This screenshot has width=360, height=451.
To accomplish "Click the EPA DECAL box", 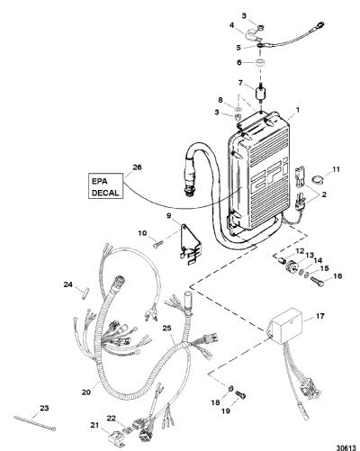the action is click(106, 185).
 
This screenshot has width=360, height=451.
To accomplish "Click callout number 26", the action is click(137, 167).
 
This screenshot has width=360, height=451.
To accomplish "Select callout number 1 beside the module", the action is click(297, 111).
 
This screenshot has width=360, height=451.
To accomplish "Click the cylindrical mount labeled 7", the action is click(260, 92).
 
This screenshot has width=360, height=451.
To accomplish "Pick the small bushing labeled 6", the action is click(259, 64).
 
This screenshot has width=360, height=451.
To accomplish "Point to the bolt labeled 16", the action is click(318, 282).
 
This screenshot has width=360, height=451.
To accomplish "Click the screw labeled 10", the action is click(157, 245).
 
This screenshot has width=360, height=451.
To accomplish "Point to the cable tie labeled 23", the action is click(35, 420).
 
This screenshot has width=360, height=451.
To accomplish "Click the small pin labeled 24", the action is click(85, 293).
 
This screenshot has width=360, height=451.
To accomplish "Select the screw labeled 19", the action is click(240, 395).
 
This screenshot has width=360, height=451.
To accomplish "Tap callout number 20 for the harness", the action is click(86, 392).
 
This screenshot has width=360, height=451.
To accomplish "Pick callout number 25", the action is click(167, 329).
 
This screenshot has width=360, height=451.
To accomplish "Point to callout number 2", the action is click(324, 194).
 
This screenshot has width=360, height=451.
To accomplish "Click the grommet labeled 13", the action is click(291, 266).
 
